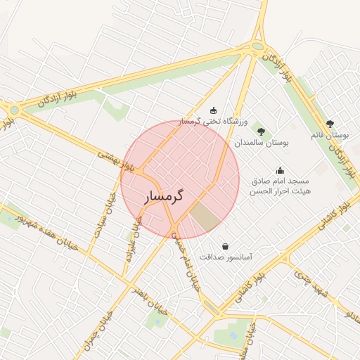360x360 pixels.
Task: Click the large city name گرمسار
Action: coord(165,196)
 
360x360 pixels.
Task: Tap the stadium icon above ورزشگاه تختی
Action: coord(214,110)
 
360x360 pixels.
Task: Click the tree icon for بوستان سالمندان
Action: coord(261,131)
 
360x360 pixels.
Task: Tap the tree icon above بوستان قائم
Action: coord(330,124)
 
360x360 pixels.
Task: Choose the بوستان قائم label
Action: coord(330,134)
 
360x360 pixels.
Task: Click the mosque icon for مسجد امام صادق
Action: coord(280,170)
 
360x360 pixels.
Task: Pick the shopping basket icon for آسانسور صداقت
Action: coord(225,246)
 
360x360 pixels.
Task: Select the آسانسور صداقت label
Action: coord(226,257)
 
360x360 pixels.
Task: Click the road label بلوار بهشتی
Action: coord(115,160)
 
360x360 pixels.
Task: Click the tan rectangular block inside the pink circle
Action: coord(206,216)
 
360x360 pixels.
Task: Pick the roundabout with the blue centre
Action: coord(14,110)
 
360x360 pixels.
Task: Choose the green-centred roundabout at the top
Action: coord(257,47)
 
